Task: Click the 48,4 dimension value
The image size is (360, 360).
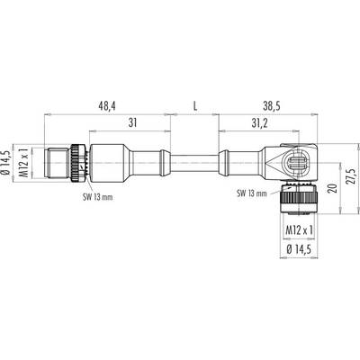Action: pyautogui.click(x=107, y=106)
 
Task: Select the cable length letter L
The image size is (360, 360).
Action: pyautogui.click(x=195, y=106)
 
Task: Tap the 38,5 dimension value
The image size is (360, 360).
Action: pyautogui.click(x=271, y=106)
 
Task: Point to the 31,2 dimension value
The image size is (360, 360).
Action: pyautogui.click(x=258, y=123)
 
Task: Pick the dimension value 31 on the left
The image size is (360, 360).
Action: pyautogui.click(x=132, y=122)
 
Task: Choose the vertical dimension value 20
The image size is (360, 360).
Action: pyautogui.click(x=333, y=188)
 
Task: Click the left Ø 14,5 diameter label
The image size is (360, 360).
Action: pyautogui.click(x=6, y=163)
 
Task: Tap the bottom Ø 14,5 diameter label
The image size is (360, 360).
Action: pyautogui.click(x=299, y=249)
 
